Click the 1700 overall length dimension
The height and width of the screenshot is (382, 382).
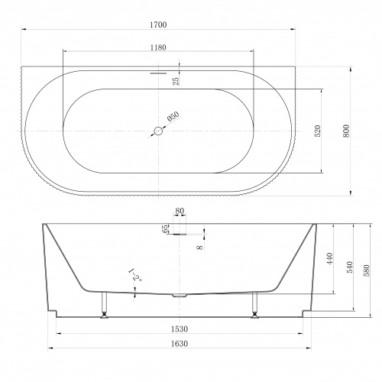coord(158,24)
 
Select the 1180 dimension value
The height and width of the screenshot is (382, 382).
coord(158,47)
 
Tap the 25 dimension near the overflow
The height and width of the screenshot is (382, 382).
coord(176,81)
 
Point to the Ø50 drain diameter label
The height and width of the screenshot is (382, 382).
coord(173,116)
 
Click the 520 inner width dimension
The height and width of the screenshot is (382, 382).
coord(318,131)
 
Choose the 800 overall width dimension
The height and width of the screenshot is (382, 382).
coord(346,131)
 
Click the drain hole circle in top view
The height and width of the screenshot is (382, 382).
coord(158,131)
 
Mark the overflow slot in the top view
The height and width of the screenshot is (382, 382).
coord(158,73)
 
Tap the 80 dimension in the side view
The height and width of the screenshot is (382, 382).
coord(180,211)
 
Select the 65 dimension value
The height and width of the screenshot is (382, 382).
coord(165,228)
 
